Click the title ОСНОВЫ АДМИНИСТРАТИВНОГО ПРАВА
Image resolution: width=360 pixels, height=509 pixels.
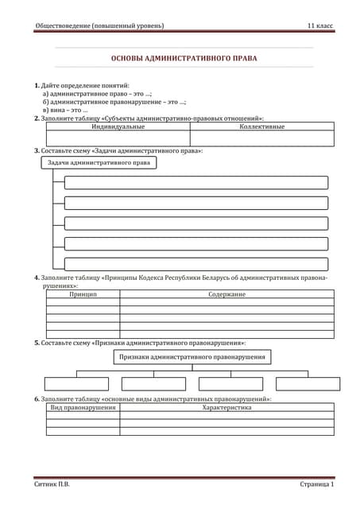pos(184,58)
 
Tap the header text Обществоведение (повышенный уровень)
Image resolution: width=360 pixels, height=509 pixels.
pos(100,26)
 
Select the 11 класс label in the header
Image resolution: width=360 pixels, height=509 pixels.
pos(320,26)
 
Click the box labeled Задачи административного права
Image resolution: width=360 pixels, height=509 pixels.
pos(99,162)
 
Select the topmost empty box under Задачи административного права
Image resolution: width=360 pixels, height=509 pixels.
pos(195,182)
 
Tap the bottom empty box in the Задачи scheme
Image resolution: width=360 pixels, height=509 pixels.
pos(195,264)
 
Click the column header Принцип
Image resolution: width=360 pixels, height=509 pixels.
pos(83,294)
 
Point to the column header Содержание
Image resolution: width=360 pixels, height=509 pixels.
pos(226,294)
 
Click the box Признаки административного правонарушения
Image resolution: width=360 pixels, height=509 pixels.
pos(192,357)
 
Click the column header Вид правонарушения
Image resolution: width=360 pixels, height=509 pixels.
pos(83,407)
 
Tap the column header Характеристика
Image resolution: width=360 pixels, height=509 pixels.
pos(226,407)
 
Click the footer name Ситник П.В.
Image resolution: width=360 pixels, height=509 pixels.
pos(52,484)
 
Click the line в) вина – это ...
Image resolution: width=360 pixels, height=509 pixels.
pos(65,110)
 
